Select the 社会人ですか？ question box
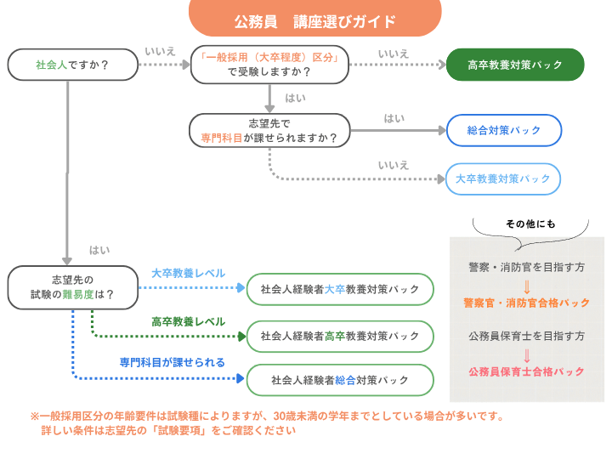[73, 65]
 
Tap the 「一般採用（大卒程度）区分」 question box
[269, 65]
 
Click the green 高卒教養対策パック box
[515, 65]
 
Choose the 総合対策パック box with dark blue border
[504, 131]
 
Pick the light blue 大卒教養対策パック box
[503, 179]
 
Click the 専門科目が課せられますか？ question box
[269, 130]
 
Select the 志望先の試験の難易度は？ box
[72, 287]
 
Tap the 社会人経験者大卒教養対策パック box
[340, 289]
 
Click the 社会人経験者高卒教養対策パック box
[340, 336]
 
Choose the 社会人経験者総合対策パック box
[340, 379]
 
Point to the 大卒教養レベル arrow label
[188, 274]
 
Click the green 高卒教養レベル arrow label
[188, 322]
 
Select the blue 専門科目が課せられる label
[173, 362]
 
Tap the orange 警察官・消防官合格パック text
[526, 303]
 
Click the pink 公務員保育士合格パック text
[526, 372]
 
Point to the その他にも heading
[530, 224]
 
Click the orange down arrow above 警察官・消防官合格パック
[527, 286]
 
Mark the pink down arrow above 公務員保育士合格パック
[527, 355]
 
